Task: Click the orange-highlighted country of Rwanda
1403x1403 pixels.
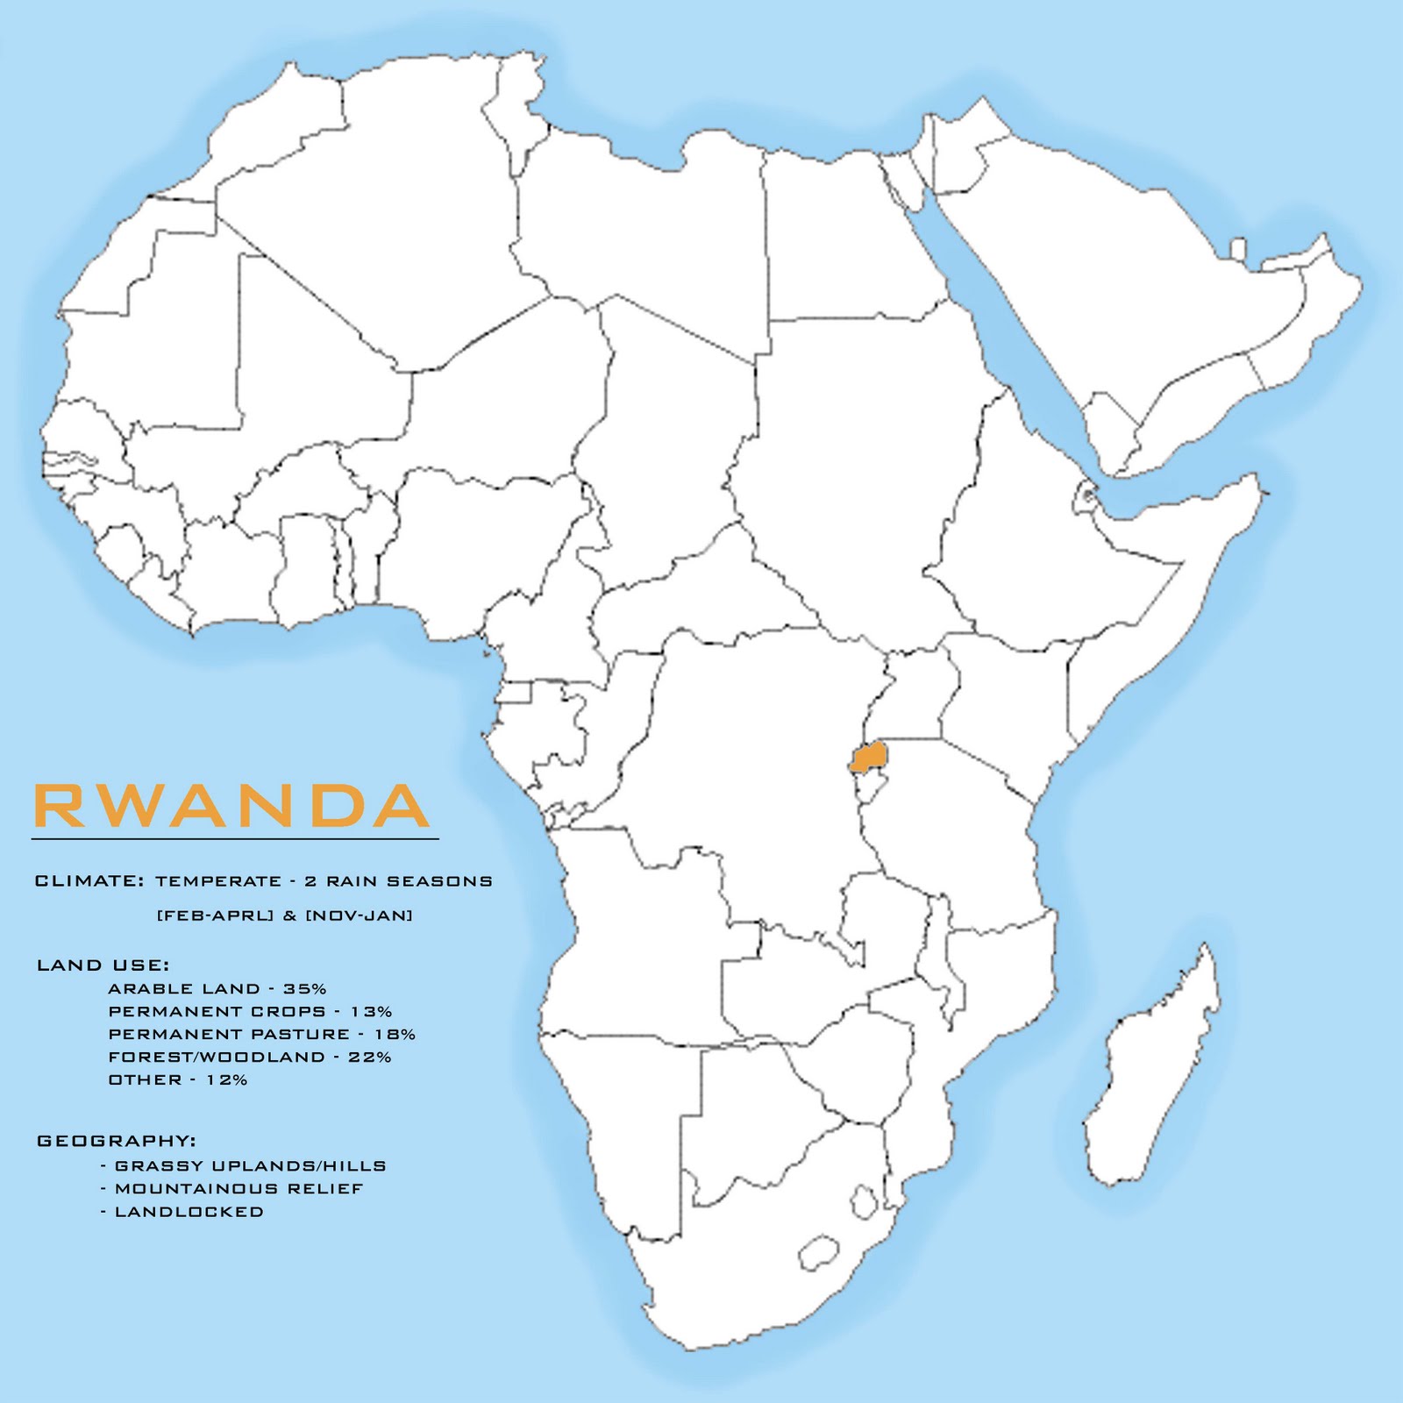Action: point(868,756)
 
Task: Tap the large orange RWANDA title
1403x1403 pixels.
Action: point(231,807)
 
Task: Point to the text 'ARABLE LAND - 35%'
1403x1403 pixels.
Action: point(217,988)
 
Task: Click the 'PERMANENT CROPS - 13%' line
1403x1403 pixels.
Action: point(250,1011)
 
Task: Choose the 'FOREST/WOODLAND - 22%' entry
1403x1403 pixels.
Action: point(249,1057)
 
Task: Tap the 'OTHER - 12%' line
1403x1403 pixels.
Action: point(177,1079)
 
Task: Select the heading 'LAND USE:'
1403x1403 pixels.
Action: point(103,965)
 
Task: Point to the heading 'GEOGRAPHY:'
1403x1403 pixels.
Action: point(116,1141)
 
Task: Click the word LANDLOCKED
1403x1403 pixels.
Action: point(189,1212)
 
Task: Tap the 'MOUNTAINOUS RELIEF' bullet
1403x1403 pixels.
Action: point(239,1189)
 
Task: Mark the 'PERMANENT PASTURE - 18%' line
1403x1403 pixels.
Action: point(261,1034)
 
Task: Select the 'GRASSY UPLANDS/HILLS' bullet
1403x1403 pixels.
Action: point(250,1166)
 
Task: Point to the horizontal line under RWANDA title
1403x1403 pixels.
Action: point(234,840)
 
